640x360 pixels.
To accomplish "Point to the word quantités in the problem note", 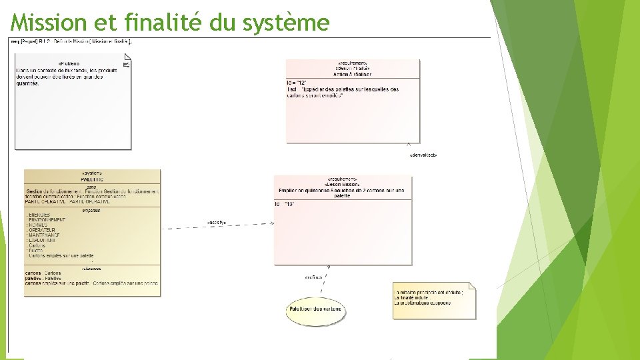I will [27, 83].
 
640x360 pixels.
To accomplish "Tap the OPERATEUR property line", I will [44, 230].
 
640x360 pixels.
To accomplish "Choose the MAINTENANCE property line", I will [44, 235].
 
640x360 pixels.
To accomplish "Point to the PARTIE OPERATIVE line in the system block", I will [47, 201].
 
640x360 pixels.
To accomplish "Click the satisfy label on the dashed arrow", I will [216, 222].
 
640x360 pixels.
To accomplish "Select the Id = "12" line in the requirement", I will [296, 83].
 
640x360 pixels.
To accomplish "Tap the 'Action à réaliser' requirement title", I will [353, 73].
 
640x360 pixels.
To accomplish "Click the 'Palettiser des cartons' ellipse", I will [315, 309].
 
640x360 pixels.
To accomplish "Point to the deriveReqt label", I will [423, 155].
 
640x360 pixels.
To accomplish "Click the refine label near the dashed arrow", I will [313, 277].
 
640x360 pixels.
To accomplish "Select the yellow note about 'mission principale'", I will [434, 300].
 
